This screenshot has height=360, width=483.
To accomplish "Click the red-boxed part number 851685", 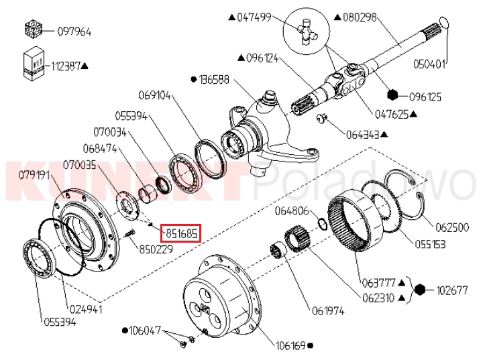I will [182, 234].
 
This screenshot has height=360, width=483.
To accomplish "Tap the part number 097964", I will [74, 32].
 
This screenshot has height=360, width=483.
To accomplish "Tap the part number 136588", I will [215, 79].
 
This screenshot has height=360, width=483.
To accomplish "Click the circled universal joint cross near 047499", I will [307, 31].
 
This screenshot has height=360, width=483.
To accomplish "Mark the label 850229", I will [156, 249].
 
